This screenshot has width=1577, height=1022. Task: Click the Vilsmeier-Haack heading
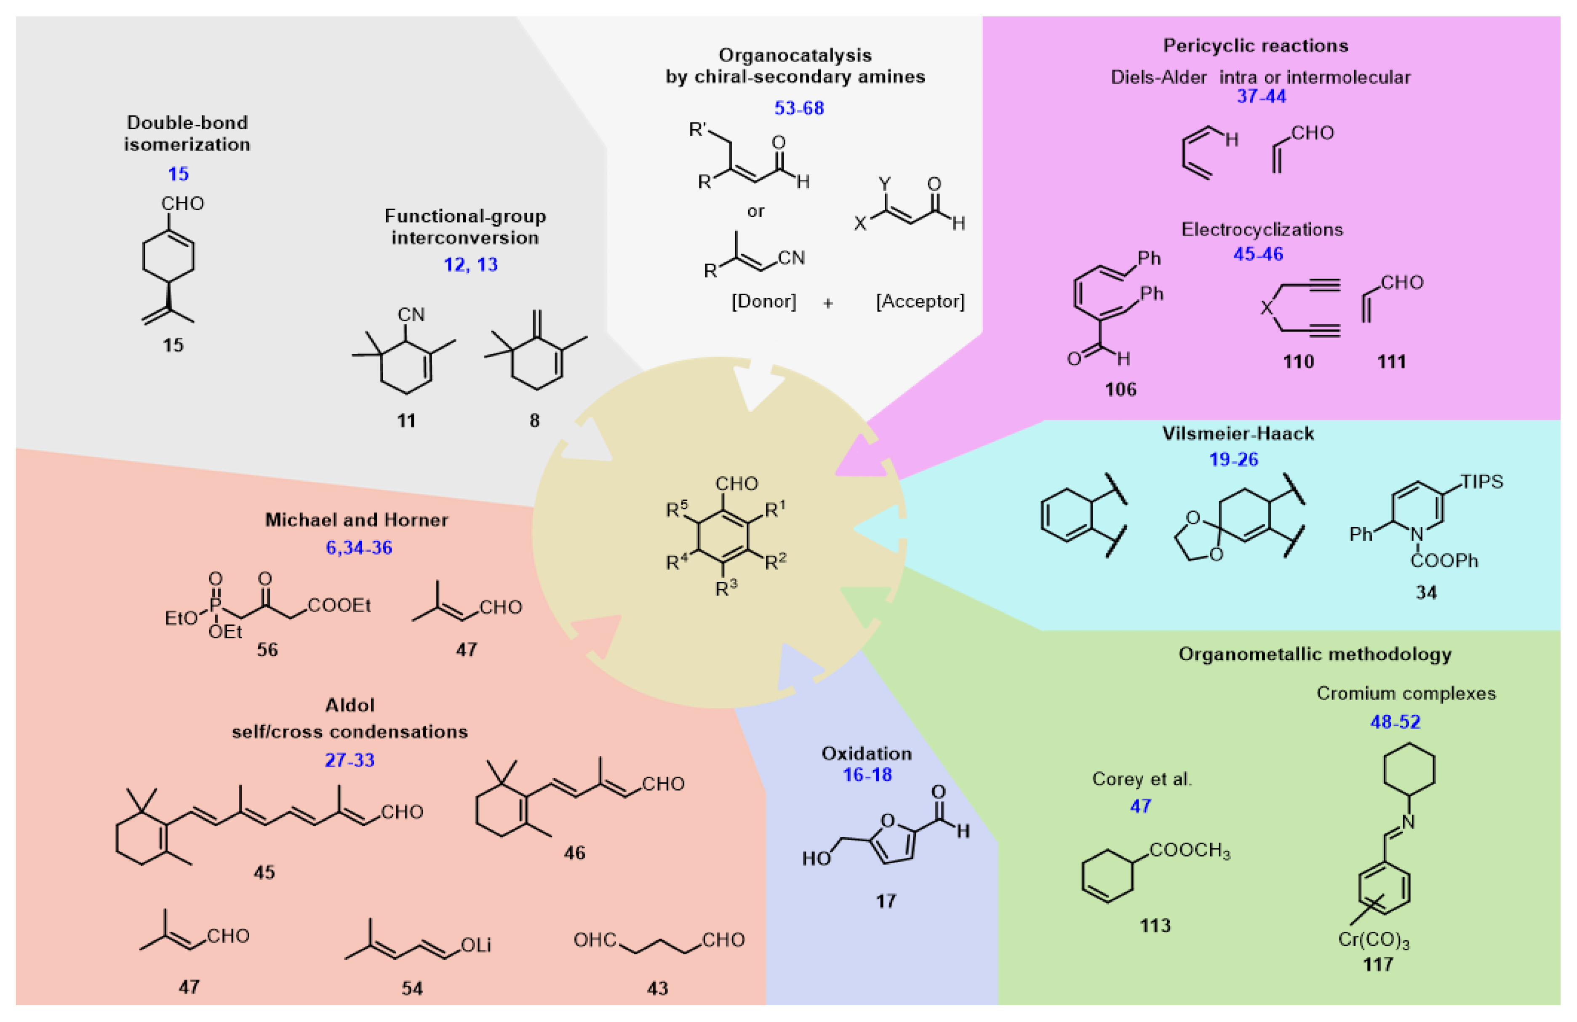1237,433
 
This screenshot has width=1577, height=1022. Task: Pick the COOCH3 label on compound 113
1189,850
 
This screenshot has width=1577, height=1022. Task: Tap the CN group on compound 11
411,315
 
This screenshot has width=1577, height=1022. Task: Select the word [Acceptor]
920,302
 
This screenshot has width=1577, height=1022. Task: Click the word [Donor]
763,302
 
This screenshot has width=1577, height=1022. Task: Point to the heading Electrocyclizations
1262,229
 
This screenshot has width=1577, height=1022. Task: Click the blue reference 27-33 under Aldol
349,760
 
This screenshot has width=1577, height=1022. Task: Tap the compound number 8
534,420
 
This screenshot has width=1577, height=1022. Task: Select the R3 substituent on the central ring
726,588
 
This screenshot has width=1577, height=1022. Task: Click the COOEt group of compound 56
339,605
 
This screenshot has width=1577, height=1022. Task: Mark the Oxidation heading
866,754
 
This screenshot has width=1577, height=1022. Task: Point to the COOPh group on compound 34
1444,561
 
